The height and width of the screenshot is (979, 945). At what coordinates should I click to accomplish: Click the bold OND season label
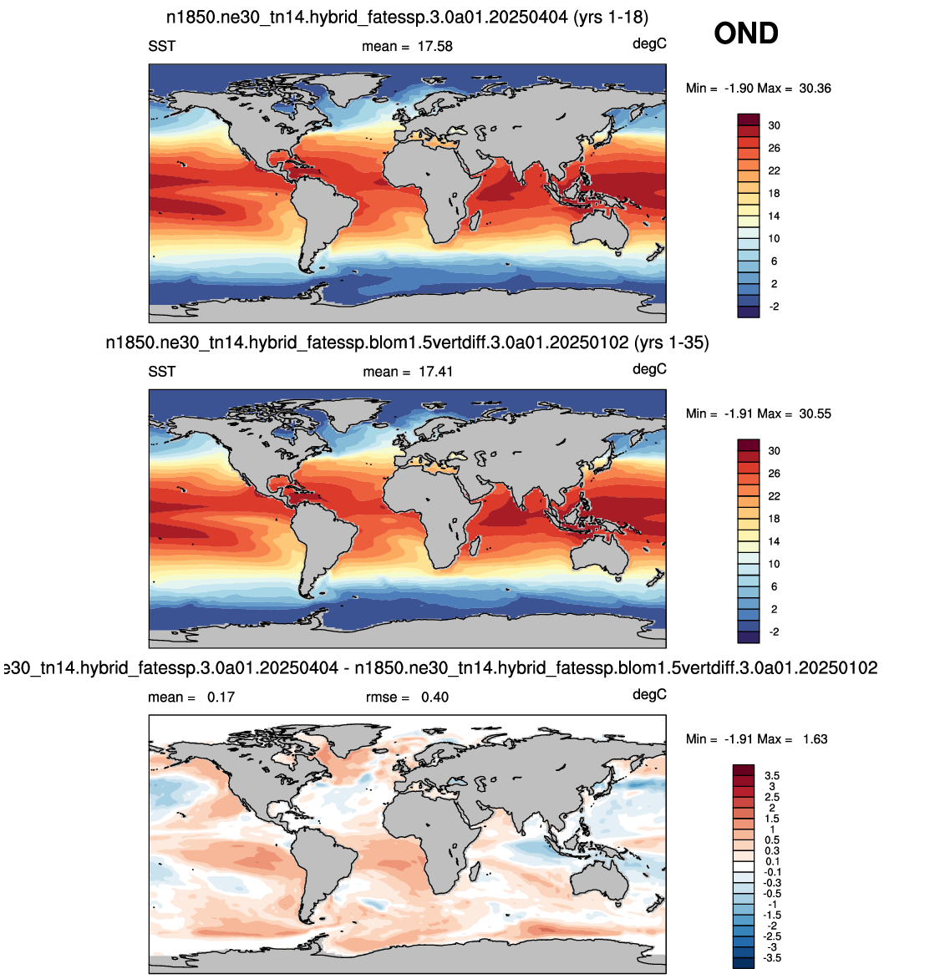(746, 33)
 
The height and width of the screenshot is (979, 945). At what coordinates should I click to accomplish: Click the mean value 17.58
(434, 47)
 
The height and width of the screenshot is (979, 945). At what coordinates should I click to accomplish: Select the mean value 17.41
(435, 372)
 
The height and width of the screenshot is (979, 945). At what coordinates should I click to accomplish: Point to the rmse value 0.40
(434, 697)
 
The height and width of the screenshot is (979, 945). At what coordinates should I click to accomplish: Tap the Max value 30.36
(815, 89)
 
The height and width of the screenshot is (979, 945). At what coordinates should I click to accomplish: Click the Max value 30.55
(815, 414)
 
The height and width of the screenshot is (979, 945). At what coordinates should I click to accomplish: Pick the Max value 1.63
(815, 739)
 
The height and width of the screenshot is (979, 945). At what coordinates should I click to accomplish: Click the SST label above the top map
(162, 47)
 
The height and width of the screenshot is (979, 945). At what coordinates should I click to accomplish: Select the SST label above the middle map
(162, 372)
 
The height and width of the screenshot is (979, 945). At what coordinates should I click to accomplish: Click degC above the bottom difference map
(649, 695)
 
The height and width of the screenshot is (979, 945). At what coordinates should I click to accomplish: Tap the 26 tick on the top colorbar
(774, 149)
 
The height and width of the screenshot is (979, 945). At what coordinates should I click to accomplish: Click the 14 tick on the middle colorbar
(774, 542)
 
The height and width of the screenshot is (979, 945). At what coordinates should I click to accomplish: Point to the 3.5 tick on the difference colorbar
(772, 776)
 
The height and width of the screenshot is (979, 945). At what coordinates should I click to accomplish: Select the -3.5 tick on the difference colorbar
(772, 958)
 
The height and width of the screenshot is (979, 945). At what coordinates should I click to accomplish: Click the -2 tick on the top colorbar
(774, 307)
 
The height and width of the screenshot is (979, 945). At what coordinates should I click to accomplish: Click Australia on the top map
(599, 231)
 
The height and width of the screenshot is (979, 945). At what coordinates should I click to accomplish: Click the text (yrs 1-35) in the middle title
(672, 342)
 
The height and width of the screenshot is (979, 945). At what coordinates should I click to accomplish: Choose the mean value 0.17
(221, 697)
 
